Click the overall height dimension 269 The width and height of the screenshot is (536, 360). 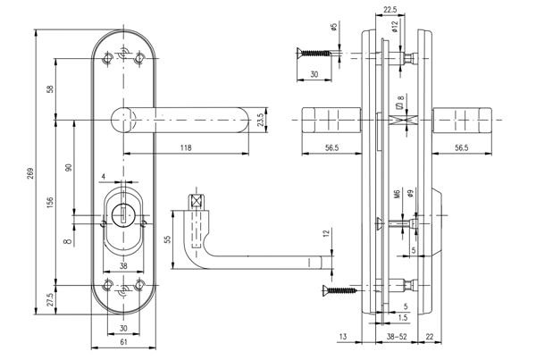click(x=29, y=172)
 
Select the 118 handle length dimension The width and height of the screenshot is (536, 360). click(x=185, y=147)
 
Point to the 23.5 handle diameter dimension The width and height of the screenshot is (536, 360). click(x=259, y=119)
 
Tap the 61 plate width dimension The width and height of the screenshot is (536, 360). click(x=123, y=343)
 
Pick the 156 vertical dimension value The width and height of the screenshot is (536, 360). click(x=50, y=205)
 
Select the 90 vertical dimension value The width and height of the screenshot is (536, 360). click(x=69, y=168)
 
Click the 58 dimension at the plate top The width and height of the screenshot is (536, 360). click(x=50, y=89)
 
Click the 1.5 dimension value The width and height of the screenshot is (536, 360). click(x=404, y=317)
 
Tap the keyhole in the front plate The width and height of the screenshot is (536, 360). click(x=123, y=214)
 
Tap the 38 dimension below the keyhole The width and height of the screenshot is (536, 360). click(x=123, y=265)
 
